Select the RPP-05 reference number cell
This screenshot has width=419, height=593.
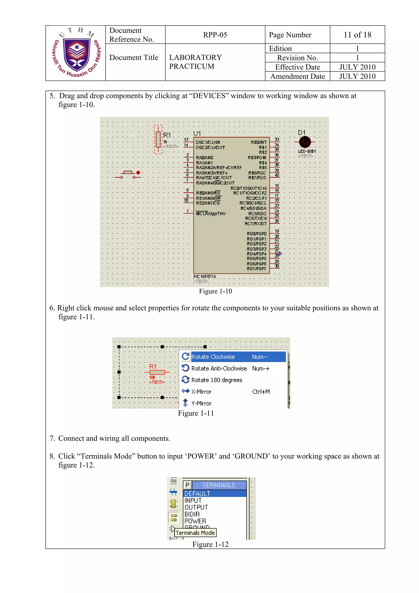click(x=215, y=35)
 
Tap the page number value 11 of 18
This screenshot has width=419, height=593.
click(x=357, y=35)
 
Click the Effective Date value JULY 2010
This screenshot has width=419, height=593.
click(x=357, y=67)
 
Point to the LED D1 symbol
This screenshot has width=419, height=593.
click(x=305, y=142)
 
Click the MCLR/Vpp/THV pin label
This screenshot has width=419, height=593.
click(x=211, y=213)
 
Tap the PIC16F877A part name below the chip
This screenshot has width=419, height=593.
click(x=205, y=277)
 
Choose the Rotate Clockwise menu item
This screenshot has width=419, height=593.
click(x=213, y=357)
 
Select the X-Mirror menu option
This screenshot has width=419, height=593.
click(x=201, y=392)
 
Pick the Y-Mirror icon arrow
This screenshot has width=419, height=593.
click(x=185, y=403)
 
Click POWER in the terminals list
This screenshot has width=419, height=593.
click(x=195, y=521)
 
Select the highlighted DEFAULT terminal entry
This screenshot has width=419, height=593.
click(x=197, y=494)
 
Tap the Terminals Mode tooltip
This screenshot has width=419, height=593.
click(x=195, y=533)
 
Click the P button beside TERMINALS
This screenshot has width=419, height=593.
click(x=187, y=485)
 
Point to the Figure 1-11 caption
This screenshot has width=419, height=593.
click(x=196, y=413)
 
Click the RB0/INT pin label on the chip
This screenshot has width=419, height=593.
click(x=259, y=142)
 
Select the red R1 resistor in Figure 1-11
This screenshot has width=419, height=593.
click(x=157, y=372)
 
